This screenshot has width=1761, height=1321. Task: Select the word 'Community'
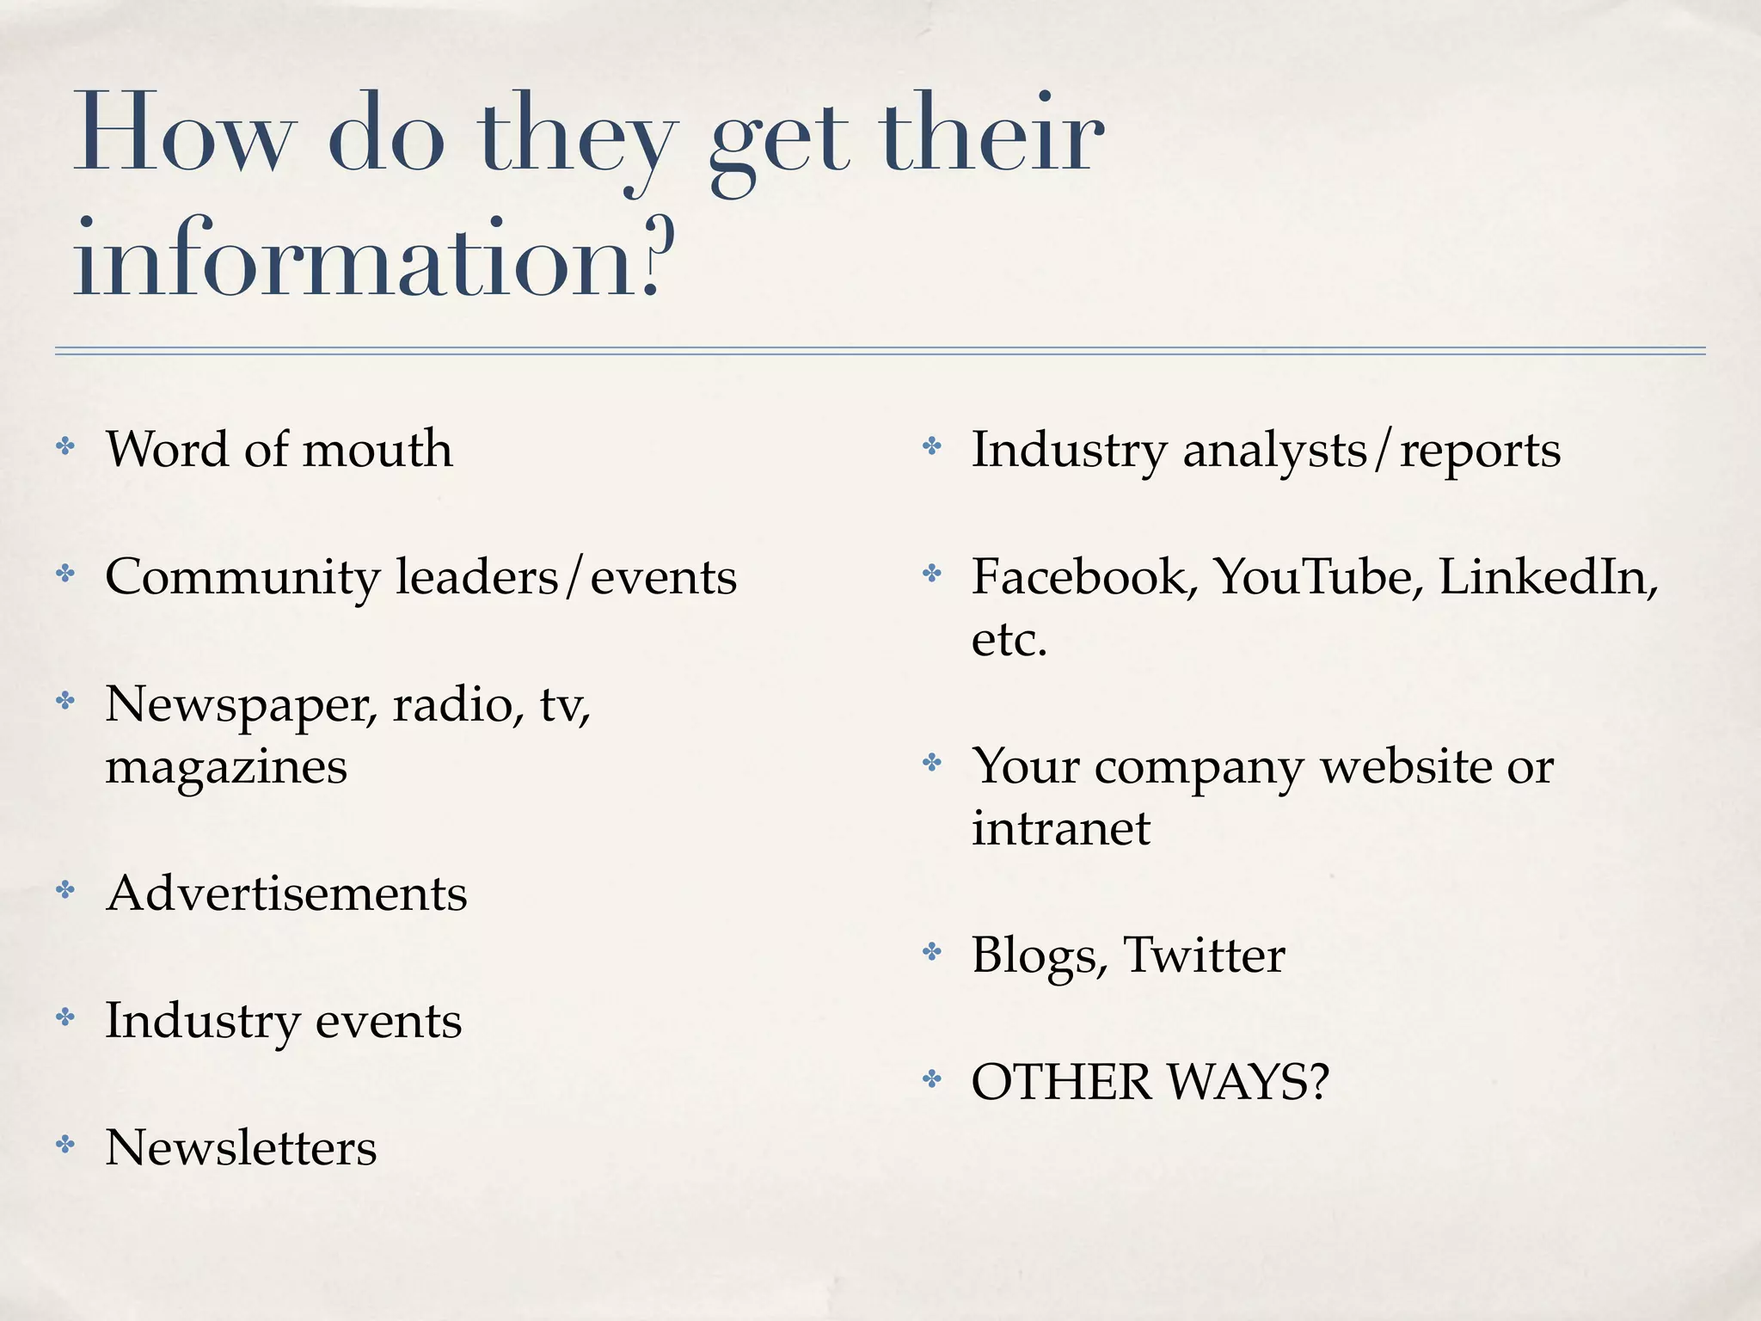(242, 578)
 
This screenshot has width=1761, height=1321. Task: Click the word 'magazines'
(226, 766)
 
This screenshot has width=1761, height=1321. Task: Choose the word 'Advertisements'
(286, 893)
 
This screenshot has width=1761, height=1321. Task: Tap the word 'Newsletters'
(241, 1147)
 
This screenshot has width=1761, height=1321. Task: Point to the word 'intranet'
(1060, 828)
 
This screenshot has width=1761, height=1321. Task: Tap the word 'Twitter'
(1204, 955)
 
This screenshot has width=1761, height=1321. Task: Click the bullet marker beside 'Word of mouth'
(65, 446)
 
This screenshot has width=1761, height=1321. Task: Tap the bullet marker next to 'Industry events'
(65, 1018)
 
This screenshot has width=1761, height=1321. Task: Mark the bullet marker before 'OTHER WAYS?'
(932, 1078)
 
